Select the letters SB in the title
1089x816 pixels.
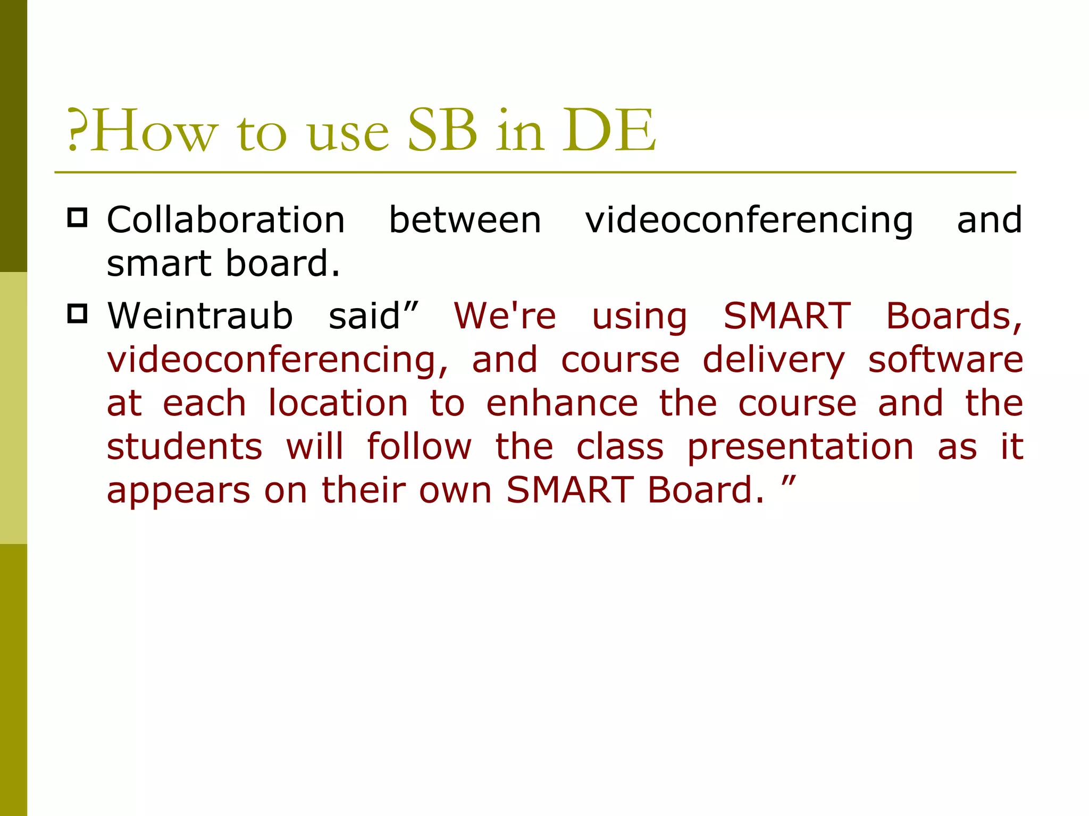click(x=442, y=130)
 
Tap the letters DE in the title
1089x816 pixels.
click(x=609, y=130)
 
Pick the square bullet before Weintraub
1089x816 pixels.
click(x=78, y=314)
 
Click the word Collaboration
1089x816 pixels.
click(x=226, y=220)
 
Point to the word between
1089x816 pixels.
click(x=465, y=220)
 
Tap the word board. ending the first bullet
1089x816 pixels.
click(x=282, y=263)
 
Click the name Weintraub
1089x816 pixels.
click(x=200, y=316)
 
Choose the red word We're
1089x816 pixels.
click(x=505, y=316)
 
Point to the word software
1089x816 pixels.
click(x=946, y=360)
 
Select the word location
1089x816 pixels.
click(x=338, y=403)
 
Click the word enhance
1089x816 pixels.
click(x=562, y=403)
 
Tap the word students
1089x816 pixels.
click(x=185, y=447)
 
